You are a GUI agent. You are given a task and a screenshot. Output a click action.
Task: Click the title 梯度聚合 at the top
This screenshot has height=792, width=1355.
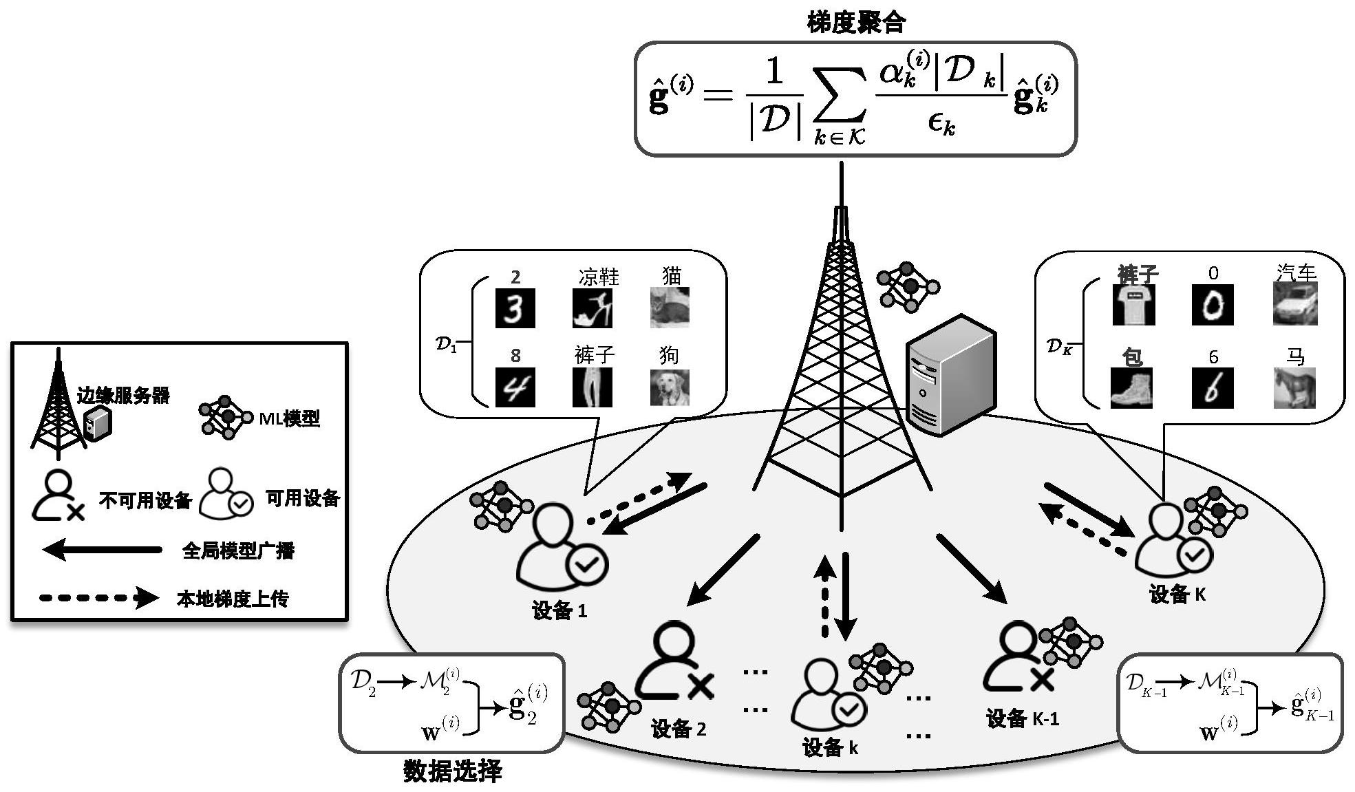[x=856, y=23]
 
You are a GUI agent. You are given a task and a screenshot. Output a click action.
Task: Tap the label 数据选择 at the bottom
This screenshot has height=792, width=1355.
[x=452, y=771]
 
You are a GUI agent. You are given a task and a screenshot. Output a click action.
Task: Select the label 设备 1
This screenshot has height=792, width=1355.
[x=559, y=611]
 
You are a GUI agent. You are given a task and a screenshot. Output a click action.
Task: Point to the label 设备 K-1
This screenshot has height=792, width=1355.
[x=1023, y=719]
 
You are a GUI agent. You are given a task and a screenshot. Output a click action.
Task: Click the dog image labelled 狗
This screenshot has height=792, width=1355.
[x=670, y=387]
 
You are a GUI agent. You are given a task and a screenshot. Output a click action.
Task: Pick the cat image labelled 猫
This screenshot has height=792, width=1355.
[x=670, y=307]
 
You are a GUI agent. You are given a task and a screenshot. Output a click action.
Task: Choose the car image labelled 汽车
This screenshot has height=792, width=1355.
[x=1295, y=304]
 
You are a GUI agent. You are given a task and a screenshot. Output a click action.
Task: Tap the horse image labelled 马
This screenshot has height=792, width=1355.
[x=1294, y=387]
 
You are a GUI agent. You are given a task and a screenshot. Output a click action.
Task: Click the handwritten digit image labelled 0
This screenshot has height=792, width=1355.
[x=1213, y=305]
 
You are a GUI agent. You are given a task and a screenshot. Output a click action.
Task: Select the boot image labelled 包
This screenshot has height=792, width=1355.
[x=1131, y=388]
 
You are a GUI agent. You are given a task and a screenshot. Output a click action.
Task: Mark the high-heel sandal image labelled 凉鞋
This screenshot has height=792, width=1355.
[x=593, y=308]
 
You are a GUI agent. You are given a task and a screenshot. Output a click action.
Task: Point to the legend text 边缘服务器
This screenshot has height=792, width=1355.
[x=123, y=395]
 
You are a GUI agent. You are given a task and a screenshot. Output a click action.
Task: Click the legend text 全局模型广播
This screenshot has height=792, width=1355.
[x=238, y=550]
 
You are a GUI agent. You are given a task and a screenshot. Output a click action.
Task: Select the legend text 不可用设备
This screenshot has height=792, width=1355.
[x=145, y=500]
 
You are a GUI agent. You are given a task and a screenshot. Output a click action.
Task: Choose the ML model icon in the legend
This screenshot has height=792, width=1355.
[x=225, y=417]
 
